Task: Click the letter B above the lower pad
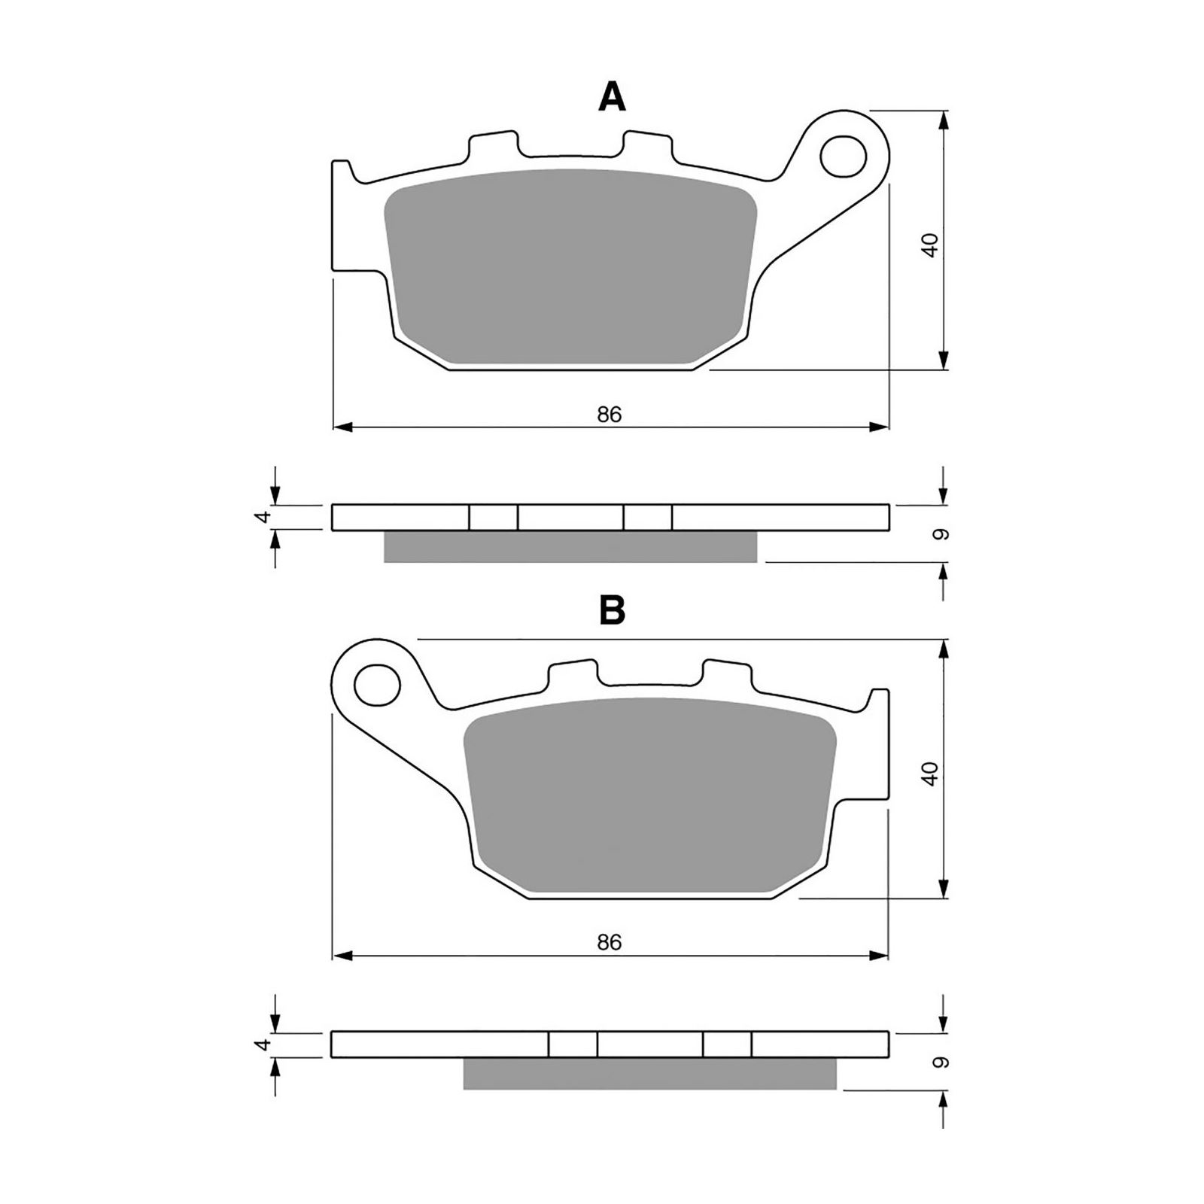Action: tap(612, 611)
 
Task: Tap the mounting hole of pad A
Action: tap(843, 157)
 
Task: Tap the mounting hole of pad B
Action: tap(378, 685)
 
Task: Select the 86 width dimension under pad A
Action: tap(610, 414)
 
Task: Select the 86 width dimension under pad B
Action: tap(610, 942)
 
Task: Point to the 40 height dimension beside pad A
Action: tap(931, 246)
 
